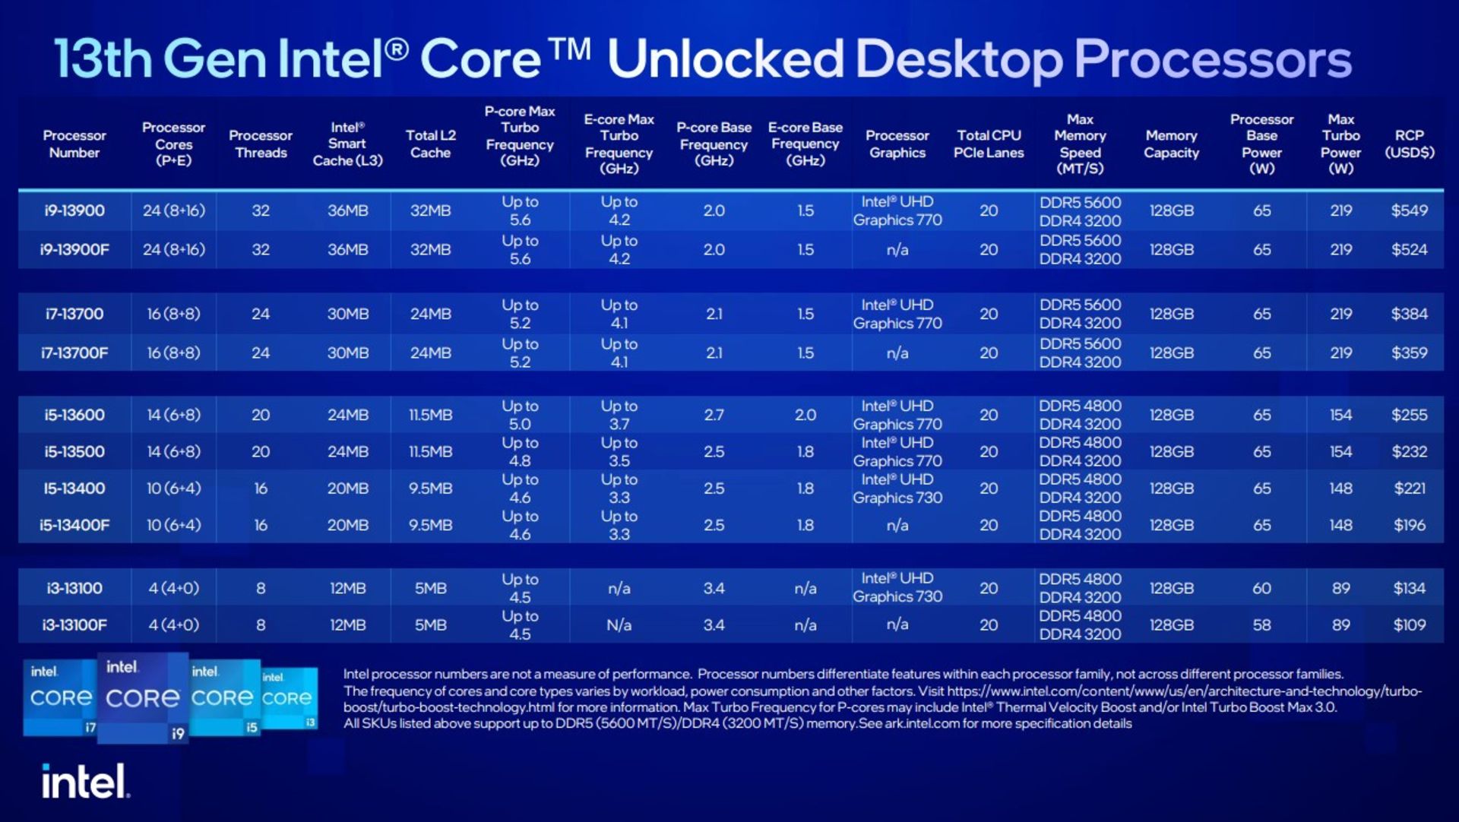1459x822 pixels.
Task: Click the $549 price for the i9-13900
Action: tap(1409, 210)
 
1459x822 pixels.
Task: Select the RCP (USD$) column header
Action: tap(1409, 144)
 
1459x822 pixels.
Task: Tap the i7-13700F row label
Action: tap(74, 353)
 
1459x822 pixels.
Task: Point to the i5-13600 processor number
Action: tap(74, 415)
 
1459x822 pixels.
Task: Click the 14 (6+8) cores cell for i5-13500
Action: tap(173, 451)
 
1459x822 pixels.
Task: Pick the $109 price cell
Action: tap(1409, 624)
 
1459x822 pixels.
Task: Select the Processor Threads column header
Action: tap(261, 144)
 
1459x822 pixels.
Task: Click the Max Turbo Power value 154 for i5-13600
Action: tap(1340, 415)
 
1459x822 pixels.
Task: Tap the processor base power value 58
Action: tap(1261, 624)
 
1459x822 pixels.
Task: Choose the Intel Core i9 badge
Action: tap(143, 697)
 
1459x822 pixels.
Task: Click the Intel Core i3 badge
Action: tap(289, 697)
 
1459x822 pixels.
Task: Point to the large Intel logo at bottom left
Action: tap(85, 781)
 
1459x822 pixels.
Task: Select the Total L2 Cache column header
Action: tap(430, 144)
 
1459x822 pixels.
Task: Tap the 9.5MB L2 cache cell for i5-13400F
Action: tap(430, 525)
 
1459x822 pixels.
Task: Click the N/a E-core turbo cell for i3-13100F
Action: tap(619, 624)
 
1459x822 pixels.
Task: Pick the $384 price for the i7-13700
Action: tap(1409, 314)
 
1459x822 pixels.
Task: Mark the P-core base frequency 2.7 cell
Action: tap(714, 415)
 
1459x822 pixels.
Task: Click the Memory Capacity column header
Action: tap(1171, 144)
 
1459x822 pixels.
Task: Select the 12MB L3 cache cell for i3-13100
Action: tap(347, 588)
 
